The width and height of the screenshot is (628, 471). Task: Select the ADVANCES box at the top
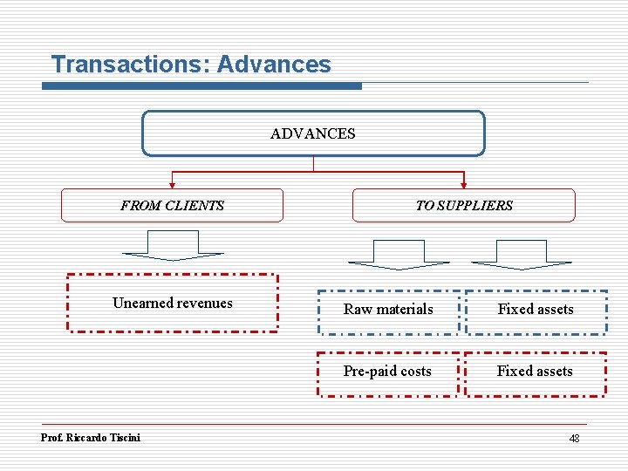313,133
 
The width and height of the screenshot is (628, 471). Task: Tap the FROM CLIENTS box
172,206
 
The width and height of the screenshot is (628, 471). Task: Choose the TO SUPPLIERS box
463,206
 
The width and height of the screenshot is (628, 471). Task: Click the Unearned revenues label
173,304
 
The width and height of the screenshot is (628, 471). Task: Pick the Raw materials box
388,310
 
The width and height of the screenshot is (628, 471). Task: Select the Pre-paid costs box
387,372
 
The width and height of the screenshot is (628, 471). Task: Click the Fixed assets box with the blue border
536,310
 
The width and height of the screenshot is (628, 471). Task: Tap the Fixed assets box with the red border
535,372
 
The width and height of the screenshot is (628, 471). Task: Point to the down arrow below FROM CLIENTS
173,246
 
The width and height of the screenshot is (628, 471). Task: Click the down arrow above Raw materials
399,254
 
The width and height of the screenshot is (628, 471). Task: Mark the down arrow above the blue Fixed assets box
522,254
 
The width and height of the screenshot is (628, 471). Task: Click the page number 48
574,439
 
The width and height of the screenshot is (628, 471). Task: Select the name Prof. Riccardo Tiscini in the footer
91,438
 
